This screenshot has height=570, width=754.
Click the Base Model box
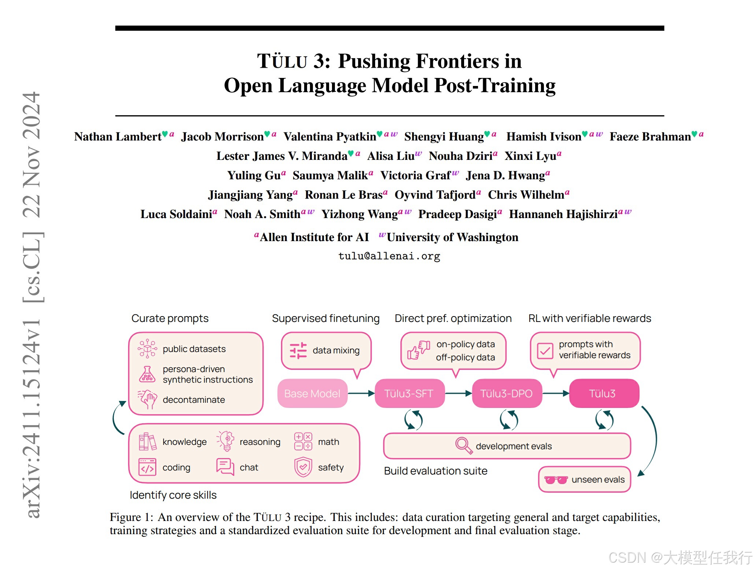[312, 393]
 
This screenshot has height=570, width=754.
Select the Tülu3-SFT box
[409, 393]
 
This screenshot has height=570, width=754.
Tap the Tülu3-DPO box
[507, 393]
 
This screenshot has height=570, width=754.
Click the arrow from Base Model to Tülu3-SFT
[361, 393]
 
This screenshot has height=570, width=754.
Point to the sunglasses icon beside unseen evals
[556, 480]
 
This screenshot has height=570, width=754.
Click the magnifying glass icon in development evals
[463, 445]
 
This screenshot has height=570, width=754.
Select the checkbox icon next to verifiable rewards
[545, 351]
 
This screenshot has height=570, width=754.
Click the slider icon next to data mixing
[298, 350]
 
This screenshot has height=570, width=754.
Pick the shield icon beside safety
[303, 467]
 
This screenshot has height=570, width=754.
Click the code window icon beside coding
[148, 467]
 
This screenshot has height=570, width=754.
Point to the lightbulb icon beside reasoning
[226, 440]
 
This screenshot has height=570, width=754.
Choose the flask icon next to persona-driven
[147, 374]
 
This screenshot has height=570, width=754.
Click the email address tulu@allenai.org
[389, 256]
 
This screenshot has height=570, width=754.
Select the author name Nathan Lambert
[117, 136]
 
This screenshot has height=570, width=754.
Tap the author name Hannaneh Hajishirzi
[563, 214]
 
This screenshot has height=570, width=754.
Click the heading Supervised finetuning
[325, 318]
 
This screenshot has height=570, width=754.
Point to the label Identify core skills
[173, 495]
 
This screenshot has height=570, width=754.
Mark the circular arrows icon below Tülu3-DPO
[509, 420]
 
